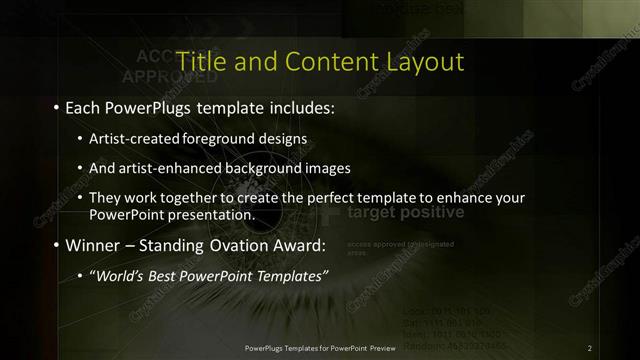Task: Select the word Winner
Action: [x=93, y=245]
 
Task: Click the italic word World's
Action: [x=119, y=276]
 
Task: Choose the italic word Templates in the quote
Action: [x=286, y=276]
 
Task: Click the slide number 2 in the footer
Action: [x=590, y=347]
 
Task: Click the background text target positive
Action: [x=405, y=213]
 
